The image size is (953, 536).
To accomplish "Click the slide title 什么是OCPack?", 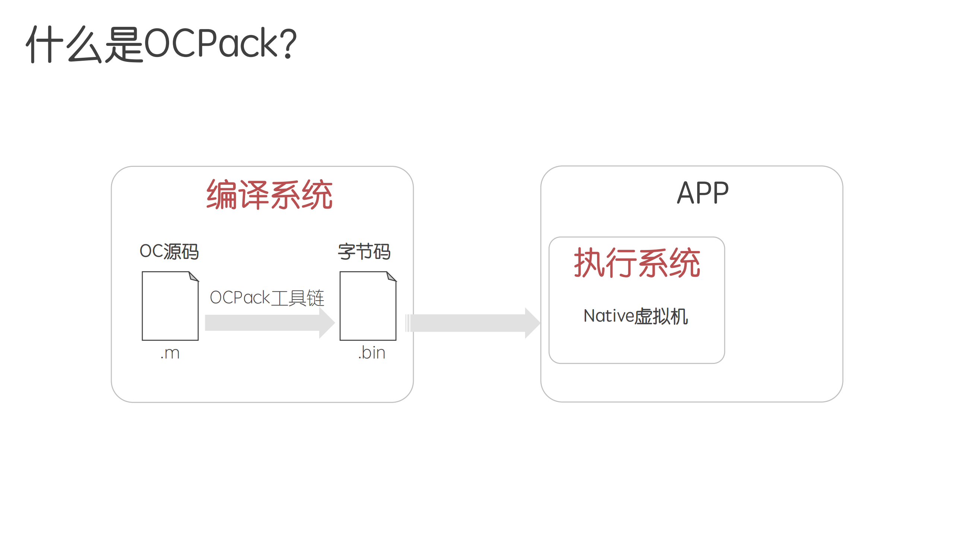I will point(161,44).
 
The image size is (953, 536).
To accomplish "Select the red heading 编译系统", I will point(269,194).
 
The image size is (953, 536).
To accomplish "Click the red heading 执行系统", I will point(637,263).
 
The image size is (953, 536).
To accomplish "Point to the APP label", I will point(702,193).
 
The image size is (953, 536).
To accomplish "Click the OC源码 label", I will point(169,251).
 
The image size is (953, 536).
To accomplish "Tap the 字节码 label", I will point(364,251).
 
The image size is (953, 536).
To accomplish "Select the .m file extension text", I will point(170,353).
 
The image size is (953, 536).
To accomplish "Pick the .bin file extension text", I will point(371,353).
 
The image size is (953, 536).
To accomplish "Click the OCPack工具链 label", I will point(267,298).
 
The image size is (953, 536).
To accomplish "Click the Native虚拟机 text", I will point(635,316).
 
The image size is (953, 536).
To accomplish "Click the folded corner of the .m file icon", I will point(193,277).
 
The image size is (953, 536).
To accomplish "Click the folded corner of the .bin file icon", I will point(391,277).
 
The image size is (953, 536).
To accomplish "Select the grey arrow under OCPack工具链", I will point(268,323).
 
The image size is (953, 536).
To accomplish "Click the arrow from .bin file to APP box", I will point(469,323).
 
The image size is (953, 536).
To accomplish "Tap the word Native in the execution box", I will point(609,316).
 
